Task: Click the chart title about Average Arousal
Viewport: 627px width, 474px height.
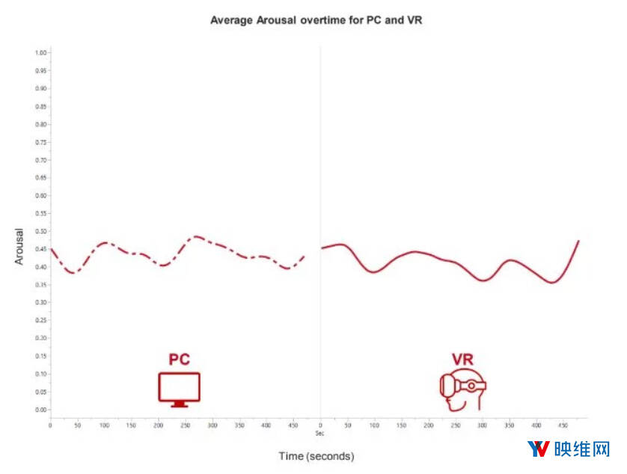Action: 316,20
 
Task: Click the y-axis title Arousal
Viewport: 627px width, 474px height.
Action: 19,247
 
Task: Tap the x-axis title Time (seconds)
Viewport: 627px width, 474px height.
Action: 316,455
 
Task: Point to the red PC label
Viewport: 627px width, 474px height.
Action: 180,360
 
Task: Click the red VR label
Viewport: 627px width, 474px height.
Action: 462,360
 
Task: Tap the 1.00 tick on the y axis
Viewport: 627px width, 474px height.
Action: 41,52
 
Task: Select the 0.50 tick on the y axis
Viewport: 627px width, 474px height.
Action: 41,231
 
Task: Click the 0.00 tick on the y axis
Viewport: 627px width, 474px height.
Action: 41,410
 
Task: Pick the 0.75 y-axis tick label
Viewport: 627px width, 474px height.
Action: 41,142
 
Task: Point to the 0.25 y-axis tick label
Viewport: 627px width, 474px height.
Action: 41,320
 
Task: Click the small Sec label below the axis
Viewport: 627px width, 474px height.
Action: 319,433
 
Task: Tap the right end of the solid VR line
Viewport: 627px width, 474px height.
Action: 578,241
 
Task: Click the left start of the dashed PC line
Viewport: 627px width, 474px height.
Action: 51,249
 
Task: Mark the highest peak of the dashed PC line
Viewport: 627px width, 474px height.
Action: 196,236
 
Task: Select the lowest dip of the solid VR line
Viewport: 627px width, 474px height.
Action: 552,283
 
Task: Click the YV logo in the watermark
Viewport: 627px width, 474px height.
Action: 538,449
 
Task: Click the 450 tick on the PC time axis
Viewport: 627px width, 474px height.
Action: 293,425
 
